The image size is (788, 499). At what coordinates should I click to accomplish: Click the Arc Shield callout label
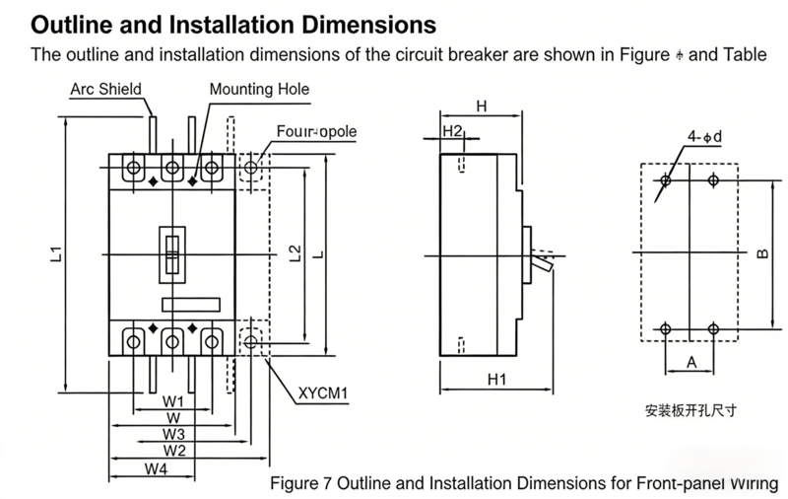(x=105, y=90)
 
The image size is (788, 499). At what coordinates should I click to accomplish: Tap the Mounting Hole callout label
(x=259, y=90)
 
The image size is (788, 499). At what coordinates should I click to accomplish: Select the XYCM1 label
(x=324, y=392)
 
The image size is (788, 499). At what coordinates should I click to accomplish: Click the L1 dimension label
(x=56, y=254)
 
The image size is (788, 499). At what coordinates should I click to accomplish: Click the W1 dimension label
(x=173, y=401)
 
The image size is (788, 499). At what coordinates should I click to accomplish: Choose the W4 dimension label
(x=155, y=469)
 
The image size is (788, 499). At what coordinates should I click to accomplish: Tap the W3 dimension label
(x=174, y=434)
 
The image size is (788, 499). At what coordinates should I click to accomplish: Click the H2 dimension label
(x=452, y=130)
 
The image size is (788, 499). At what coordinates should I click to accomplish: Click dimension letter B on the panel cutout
(x=762, y=254)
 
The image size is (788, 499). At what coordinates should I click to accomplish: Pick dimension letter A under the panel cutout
(x=690, y=363)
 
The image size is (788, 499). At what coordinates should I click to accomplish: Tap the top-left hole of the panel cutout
(x=667, y=180)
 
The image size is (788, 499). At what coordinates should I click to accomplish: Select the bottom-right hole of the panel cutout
(x=714, y=328)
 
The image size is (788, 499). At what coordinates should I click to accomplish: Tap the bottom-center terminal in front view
(x=172, y=341)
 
